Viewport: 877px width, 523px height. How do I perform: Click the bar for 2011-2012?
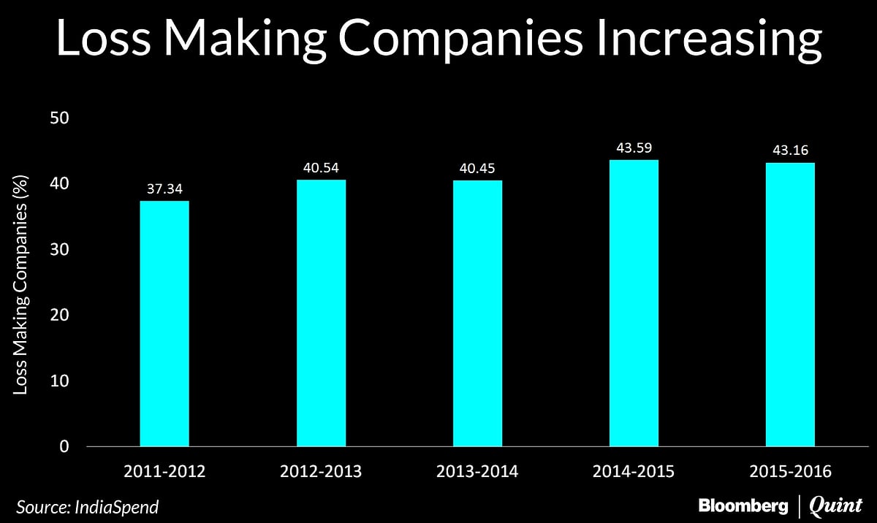coord(164,324)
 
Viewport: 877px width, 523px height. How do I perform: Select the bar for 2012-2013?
coord(321,313)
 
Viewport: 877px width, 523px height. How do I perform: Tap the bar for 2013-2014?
coord(477,313)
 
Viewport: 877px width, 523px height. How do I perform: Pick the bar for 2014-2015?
coord(634,303)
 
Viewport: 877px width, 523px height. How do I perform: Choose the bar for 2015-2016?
coord(790,305)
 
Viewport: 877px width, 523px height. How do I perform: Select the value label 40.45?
coord(477,169)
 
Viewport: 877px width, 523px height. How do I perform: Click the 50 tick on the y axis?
coord(59,118)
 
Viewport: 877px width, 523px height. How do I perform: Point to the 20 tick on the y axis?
coord(59,315)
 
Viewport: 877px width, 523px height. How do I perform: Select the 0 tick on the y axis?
coord(64,446)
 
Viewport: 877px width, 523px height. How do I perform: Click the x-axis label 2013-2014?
coord(477,472)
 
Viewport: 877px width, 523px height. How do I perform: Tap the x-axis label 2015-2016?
coord(790,472)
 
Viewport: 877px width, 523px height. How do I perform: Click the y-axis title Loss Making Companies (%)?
coord(21,282)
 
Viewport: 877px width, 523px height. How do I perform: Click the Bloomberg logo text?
coord(743,505)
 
